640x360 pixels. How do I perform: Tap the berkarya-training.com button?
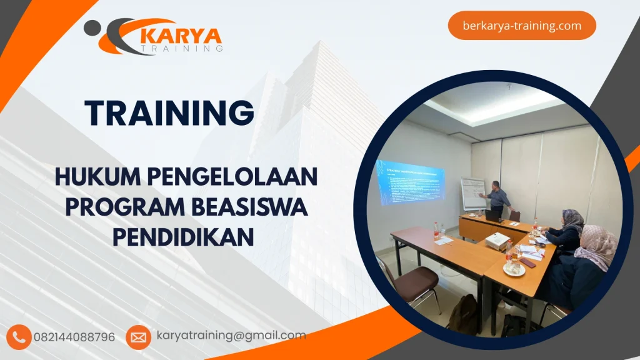point(522,26)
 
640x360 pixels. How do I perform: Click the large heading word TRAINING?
point(169,113)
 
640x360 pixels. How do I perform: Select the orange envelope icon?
point(138,337)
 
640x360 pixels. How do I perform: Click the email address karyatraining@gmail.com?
point(231,336)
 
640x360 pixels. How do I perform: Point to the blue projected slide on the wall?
point(409,182)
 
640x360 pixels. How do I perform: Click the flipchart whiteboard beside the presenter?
point(472,194)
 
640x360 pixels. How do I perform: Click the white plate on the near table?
point(514,270)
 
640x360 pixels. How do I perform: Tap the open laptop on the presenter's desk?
point(494,214)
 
